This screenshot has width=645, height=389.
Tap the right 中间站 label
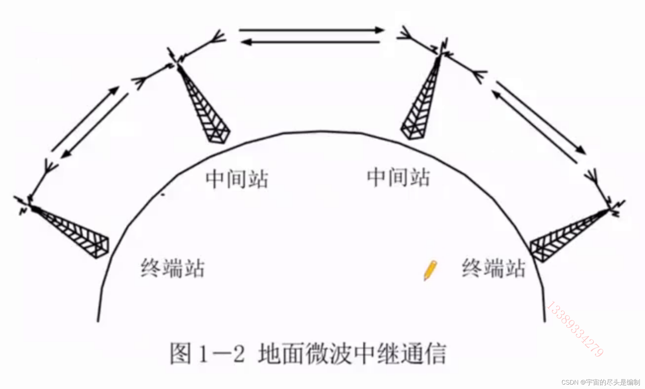399,177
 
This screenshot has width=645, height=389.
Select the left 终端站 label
172,268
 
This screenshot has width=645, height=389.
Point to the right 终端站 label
494,268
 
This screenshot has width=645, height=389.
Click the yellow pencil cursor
430,270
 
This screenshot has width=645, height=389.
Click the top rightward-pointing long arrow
311,30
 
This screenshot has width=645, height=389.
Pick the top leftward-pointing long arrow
311,42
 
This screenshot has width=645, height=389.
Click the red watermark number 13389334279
575,329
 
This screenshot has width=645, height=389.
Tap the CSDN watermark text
600,382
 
